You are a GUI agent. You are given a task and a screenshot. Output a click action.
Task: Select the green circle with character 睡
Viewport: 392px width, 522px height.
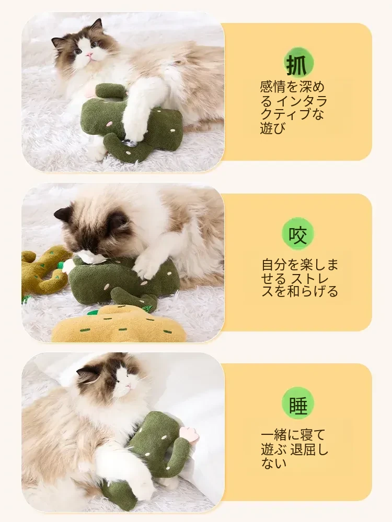coord(298,405)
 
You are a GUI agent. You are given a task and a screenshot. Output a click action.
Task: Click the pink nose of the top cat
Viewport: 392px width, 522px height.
coord(89,54)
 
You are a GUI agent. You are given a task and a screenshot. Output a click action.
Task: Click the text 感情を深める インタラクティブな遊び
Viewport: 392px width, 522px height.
coord(293,108)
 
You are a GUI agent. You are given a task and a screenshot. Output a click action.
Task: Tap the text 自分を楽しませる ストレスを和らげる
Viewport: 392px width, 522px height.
coord(299,278)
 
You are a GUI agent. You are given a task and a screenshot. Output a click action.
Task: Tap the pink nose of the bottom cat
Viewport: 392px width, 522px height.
coord(129,386)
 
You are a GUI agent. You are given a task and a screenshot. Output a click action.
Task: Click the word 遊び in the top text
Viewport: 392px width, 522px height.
coord(273,128)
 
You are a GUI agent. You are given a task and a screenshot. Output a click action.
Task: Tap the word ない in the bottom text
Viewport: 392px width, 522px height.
coord(274,462)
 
